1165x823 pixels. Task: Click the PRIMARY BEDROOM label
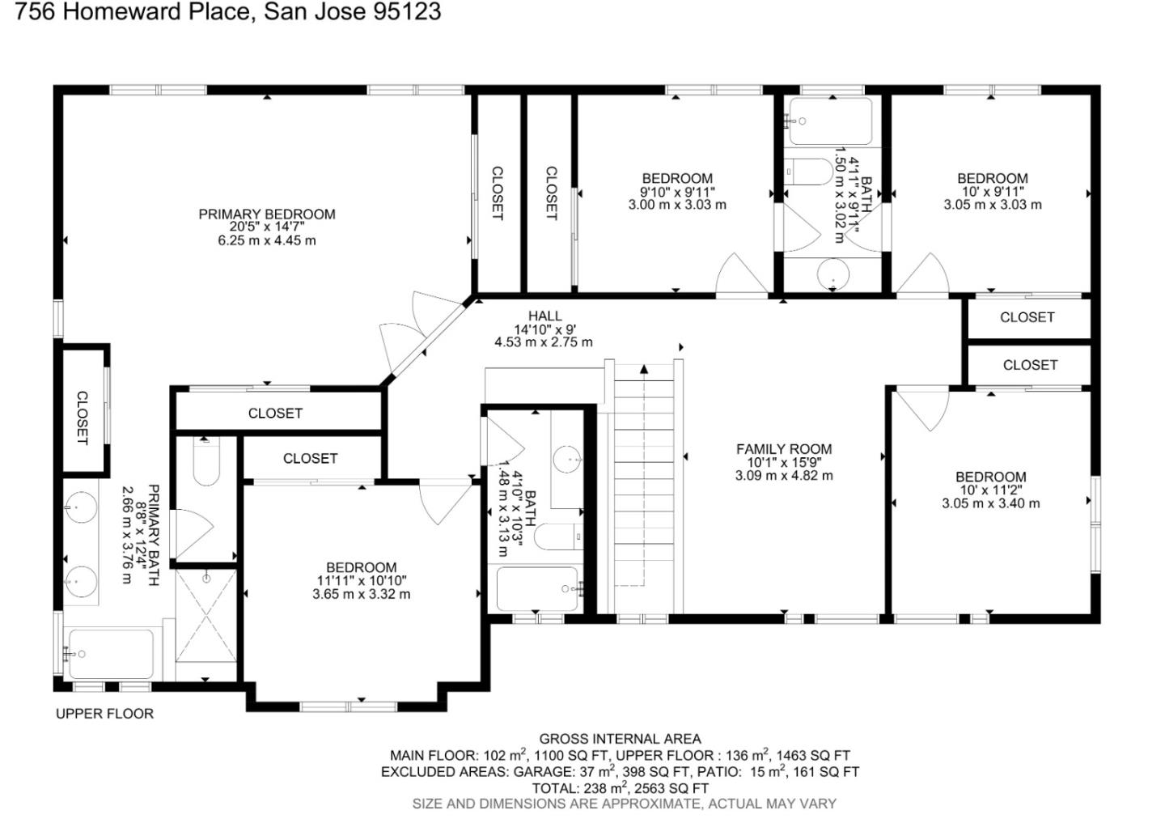[x=266, y=214]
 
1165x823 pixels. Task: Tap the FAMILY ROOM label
[x=783, y=449]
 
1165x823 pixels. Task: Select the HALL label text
[x=544, y=316]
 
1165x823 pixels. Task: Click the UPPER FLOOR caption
[x=104, y=713]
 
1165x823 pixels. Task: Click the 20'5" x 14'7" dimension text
[x=266, y=227]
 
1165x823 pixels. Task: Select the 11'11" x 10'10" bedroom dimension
[x=361, y=580]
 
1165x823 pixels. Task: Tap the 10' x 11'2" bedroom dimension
[x=990, y=490]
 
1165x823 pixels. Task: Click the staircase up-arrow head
[x=644, y=369]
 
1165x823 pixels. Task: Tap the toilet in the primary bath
[x=205, y=462]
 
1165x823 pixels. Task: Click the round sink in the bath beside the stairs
[x=567, y=459]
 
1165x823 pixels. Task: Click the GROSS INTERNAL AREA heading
[x=620, y=738]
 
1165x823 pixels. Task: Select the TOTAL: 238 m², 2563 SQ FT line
[x=620, y=787]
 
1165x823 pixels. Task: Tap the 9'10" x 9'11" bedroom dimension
[x=677, y=192]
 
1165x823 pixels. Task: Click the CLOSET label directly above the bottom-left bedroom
[x=310, y=458]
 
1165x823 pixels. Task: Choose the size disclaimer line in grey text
[x=624, y=804]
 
